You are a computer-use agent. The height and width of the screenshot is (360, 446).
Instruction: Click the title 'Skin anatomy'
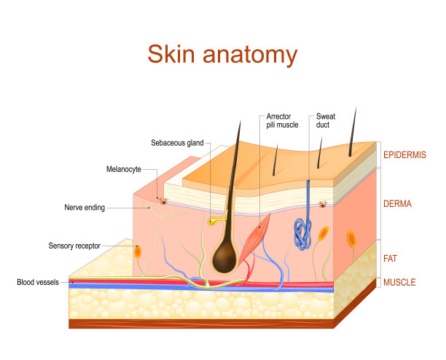pyautogui.click(x=222, y=55)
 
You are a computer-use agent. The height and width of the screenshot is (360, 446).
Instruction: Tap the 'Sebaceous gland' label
pyautogui.click(x=178, y=143)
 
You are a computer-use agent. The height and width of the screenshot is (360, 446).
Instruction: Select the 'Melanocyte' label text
pyautogui.click(x=124, y=170)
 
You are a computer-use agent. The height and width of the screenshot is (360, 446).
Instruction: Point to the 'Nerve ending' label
pyautogui.click(x=85, y=208)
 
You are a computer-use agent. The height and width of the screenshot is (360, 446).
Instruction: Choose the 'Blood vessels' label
pyautogui.click(x=42, y=282)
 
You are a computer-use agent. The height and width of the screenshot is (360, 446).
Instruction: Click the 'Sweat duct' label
pyautogui.click(x=326, y=121)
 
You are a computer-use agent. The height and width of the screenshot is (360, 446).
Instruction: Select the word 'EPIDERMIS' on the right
pyautogui.click(x=404, y=155)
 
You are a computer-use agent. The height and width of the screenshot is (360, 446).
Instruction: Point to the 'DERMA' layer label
pyautogui.click(x=397, y=205)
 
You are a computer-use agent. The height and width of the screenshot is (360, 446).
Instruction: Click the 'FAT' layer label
pyautogui.click(x=391, y=258)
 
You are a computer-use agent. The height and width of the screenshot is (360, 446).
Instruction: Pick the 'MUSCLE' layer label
pyautogui.click(x=399, y=281)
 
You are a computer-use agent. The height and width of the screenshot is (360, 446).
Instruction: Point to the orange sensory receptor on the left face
pyautogui.click(x=137, y=251)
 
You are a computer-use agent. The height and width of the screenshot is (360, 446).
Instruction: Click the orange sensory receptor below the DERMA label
pyautogui.click(x=352, y=238)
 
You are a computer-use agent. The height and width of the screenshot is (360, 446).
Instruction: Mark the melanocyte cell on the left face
pyautogui.click(x=164, y=199)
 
